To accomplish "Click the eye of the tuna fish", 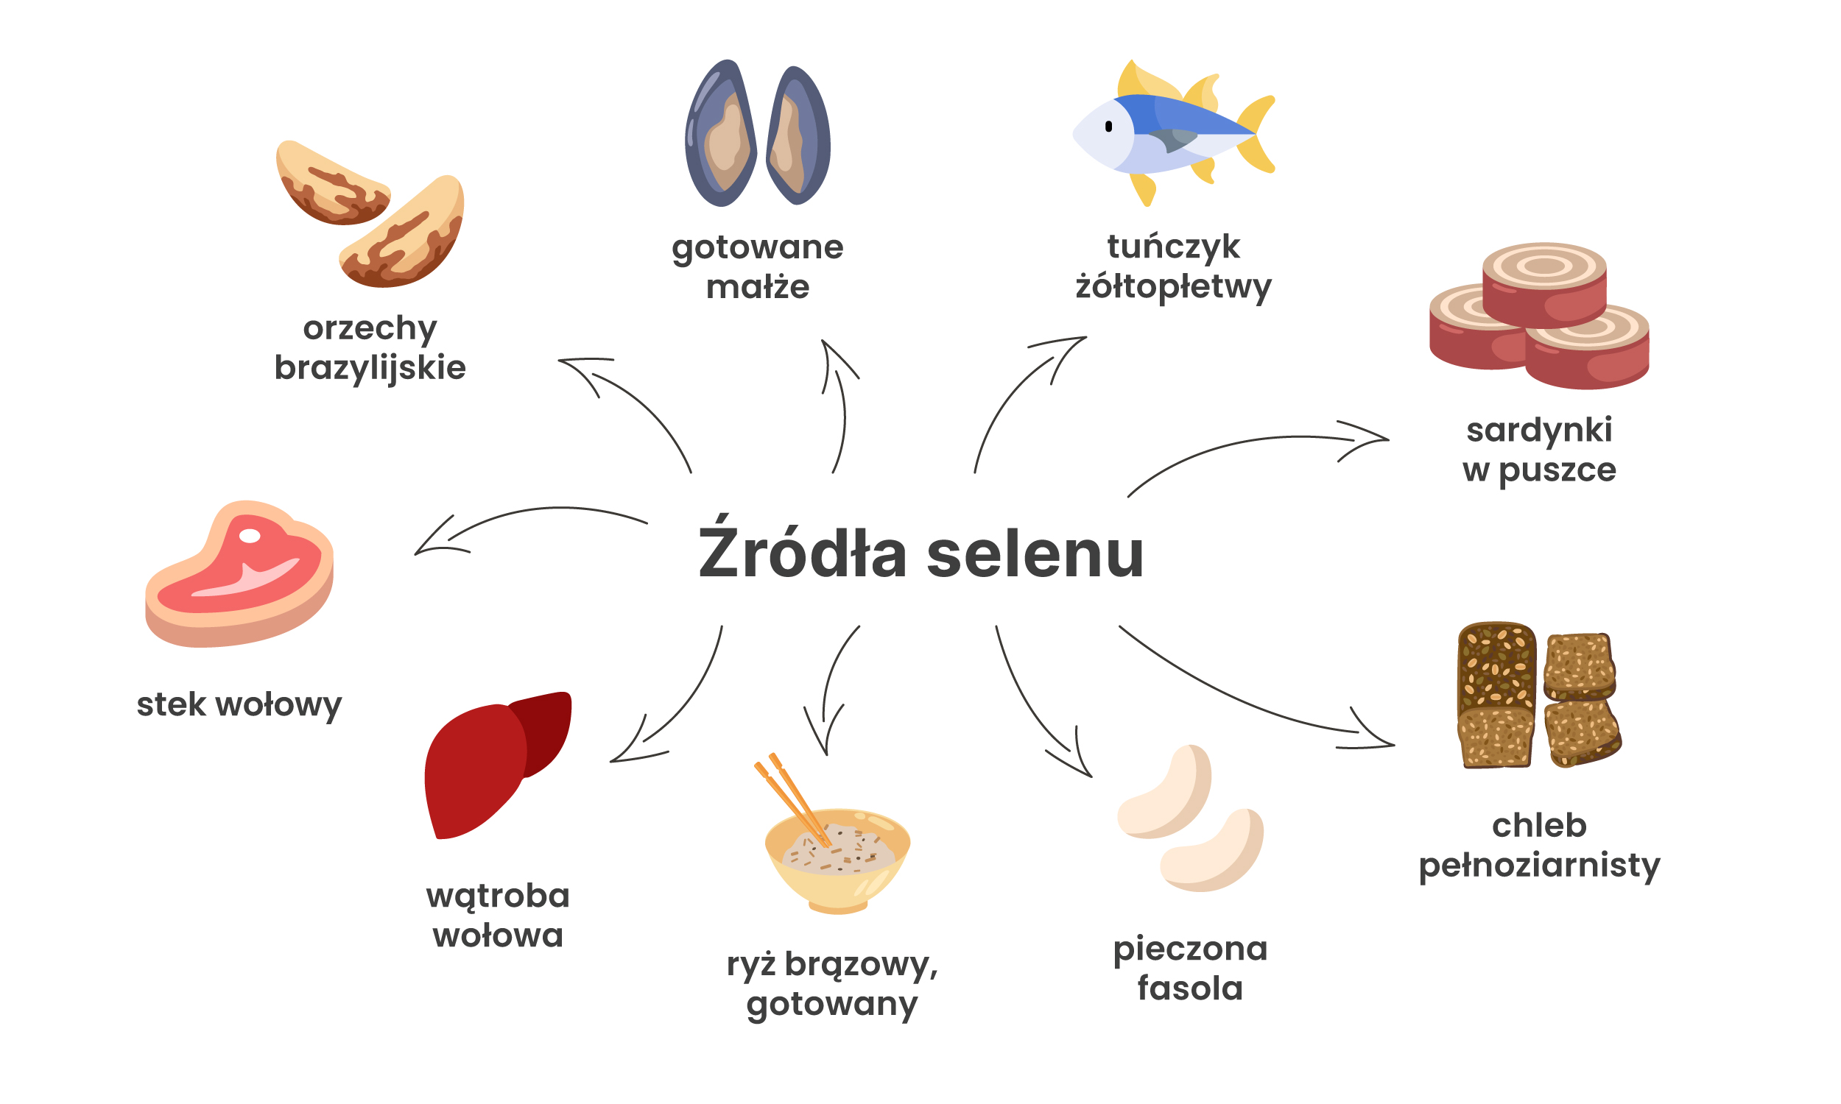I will click(x=1109, y=127).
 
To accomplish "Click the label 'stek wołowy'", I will click(x=239, y=704).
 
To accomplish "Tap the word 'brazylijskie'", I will click(x=370, y=368).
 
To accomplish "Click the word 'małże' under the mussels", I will click(x=758, y=287).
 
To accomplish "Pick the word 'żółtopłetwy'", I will click(x=1174, y=287).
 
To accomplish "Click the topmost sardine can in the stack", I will click(x=1544, y=283).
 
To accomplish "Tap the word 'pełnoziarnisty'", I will click(x=1539, y=866).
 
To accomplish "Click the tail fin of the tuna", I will click(x=1258, y=134).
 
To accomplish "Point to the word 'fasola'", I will click(x=1190, y=988).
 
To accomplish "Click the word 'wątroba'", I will click(x=498, y=896).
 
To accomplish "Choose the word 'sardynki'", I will click(x=1539, y=431).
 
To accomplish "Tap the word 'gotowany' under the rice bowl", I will click(x=832, y=1005).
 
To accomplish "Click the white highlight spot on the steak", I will click(x=250, y=536).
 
